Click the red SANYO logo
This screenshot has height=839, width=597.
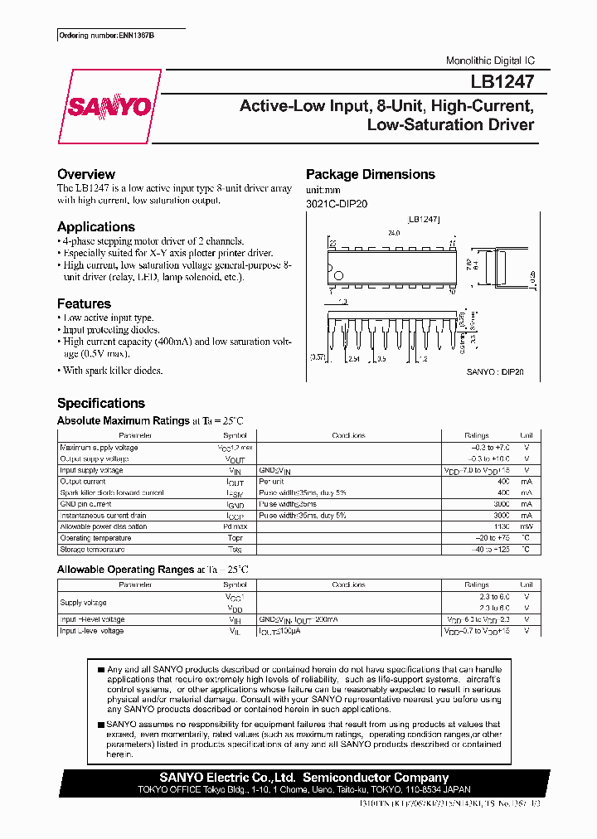point(108,107)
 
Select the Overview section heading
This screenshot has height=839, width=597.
point(86,174)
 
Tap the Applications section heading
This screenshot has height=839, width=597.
point(96,226)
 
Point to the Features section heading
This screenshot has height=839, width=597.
point(84,303)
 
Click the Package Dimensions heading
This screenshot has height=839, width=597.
point(371,174)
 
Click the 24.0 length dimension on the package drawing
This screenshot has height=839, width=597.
point(393,234)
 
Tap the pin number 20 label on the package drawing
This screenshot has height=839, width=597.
point(332,244)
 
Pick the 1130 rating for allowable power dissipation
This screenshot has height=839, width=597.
point(500,526)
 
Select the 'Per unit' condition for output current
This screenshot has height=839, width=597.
point(272,481)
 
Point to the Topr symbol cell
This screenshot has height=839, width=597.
point(235,538)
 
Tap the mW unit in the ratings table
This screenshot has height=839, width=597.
point(527,526)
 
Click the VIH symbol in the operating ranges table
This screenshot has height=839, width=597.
point(235,619)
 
